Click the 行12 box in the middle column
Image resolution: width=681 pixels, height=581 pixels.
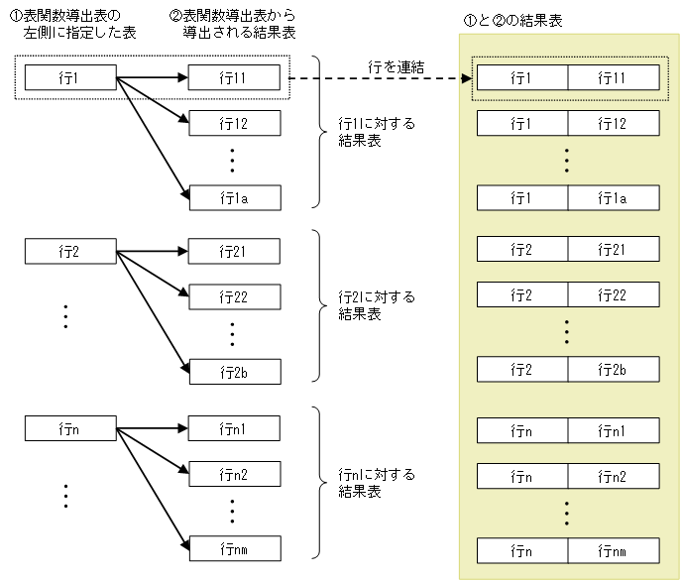[234, 124]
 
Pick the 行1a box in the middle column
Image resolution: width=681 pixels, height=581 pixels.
[234, 197]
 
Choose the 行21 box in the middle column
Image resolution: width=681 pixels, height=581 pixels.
[234, 251]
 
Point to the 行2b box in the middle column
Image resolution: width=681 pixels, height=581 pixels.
[234, 371]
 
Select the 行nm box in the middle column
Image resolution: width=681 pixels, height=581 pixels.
[234, 548]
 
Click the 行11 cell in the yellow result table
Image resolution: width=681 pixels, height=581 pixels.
[613, 77]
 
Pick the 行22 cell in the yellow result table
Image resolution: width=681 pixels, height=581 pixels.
[613, 294]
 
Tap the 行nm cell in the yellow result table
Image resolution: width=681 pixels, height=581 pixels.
[613, 550]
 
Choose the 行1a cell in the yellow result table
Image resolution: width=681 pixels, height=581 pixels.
[613, 198]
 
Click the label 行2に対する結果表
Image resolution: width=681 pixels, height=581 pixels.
[376, 305]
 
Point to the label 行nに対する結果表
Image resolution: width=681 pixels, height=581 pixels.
[376, 482]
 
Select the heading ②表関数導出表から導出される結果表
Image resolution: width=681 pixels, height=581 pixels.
[233, 25]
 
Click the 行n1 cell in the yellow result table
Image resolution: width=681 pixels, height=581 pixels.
[613, 430]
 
